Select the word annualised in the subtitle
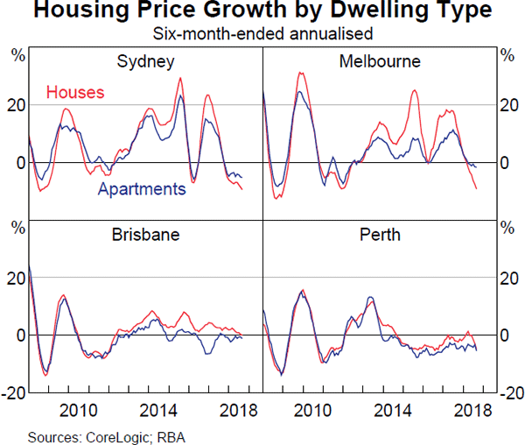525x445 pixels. point(332,35)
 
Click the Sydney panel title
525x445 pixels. point(146,61)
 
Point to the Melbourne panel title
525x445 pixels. point(380,61)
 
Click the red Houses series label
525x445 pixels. point(75,92)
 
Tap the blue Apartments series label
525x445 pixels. point(142,188)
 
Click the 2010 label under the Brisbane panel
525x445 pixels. point(77,408)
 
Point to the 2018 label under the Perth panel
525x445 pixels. point(472,408)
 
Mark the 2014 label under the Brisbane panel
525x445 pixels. point(157,408)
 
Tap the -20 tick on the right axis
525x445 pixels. point(512,392)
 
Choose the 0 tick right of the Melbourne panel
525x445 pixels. point(505,163)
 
